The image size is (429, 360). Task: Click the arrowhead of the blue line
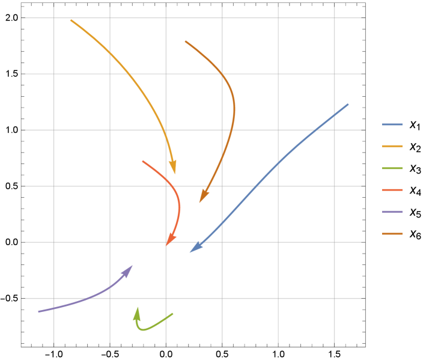tap(191, 252)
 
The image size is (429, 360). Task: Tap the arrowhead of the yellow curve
tap(175, 172)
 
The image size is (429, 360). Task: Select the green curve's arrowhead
tap(138, 308)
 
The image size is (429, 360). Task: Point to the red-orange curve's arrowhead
tap(167, 245)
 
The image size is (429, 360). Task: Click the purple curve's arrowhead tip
tap(132, 266)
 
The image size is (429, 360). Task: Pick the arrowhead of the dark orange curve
tap(201, 201)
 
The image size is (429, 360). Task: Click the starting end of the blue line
tap(348, 105)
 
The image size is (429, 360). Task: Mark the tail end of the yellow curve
tap(71, 20)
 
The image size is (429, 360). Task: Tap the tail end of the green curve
tap(172, 314)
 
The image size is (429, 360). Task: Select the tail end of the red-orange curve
tap(143, 161)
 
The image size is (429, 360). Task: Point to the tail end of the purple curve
tap(38, 311)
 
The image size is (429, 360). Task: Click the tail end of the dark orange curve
tap(186, 41)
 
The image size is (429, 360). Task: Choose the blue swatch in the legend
tap(392, 124)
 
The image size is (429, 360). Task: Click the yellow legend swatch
tap(392, 146)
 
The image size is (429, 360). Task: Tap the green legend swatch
tap(392, 168)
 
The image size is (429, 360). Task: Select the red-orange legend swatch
tap(392, 190)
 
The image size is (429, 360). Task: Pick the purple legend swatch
tap(392, 212)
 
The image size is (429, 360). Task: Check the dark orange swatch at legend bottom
tap(392, 234)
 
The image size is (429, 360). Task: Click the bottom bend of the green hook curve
tap(141, 329)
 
